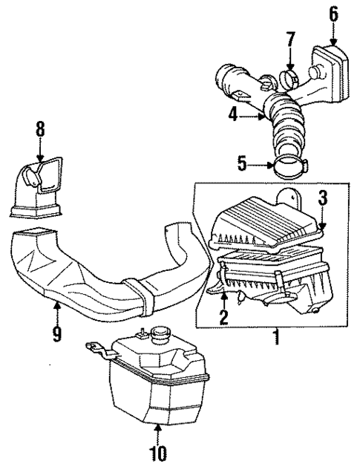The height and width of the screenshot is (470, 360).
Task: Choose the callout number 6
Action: [333, 13]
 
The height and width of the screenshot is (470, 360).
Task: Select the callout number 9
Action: [56, 335]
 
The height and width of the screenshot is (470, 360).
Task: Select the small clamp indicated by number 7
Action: [290, 76]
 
